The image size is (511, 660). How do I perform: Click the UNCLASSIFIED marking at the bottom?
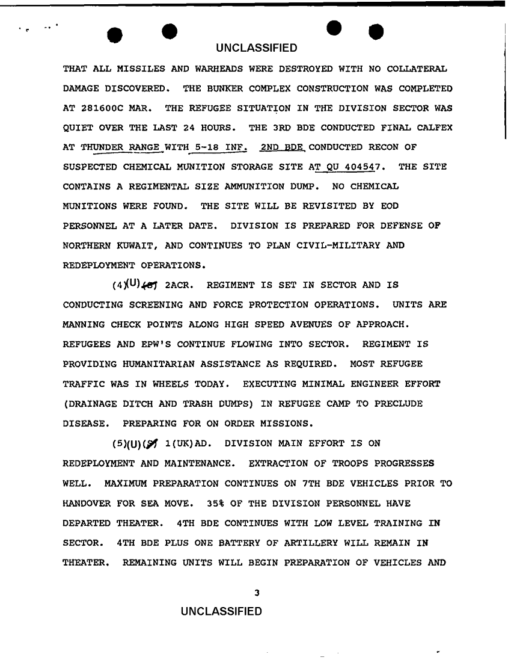coord(222,612)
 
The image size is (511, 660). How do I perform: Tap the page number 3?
coord(257,593)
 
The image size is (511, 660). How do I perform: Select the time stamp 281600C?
coord(105,108)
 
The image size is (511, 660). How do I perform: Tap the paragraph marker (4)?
coord(118,285)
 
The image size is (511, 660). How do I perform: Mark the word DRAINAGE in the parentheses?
coord(93,403)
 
